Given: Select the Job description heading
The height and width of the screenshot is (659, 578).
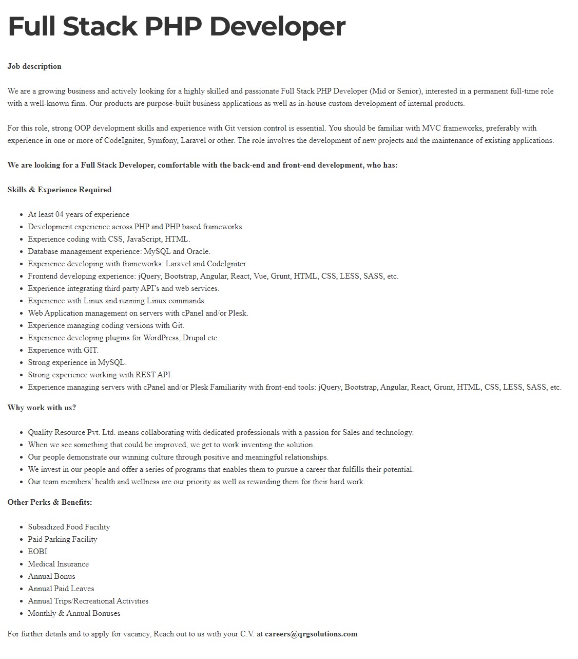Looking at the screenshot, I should coord(34,66).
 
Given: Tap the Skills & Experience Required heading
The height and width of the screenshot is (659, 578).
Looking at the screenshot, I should coord(60,190).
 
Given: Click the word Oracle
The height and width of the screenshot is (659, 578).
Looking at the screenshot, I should coord(198,251).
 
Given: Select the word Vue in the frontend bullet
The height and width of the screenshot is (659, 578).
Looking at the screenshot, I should coord(260,276).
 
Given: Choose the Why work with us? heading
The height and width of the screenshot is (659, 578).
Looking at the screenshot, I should coord(42,408).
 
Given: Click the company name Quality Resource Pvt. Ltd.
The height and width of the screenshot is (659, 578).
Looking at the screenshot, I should coord(72,432).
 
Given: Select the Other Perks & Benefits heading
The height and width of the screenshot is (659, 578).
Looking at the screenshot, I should coord(50,502).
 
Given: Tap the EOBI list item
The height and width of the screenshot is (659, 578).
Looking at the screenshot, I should coord(37,552).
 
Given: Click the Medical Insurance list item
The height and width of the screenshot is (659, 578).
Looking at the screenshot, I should coord(59,564).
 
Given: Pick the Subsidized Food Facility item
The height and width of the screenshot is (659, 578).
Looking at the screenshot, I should coord(69,527).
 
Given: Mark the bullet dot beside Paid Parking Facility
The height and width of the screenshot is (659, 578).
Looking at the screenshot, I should coord(22,540).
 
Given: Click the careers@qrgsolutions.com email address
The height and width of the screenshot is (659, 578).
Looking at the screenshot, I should coord(311,634).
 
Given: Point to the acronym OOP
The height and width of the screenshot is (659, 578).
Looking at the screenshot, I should coord(82,128).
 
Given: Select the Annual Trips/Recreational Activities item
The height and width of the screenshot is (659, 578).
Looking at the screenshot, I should coord(88,601).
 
